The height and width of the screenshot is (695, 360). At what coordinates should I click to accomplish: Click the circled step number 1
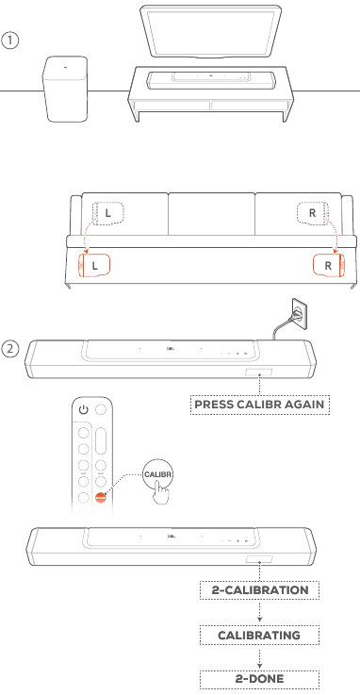coord(9,41)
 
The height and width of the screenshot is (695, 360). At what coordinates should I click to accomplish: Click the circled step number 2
coord(9,349)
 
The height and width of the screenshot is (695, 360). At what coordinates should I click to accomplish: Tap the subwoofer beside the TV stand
coord(66,89)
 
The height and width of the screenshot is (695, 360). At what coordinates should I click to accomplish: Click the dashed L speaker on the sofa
coord(108,213)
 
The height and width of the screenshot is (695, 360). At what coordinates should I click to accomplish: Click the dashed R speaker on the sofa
coord(312,213)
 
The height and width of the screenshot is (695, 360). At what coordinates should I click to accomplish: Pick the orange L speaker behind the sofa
coord(94,265)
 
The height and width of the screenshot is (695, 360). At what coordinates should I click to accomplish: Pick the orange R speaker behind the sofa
coord(329,265)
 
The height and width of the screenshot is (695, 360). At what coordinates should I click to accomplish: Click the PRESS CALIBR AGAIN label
coord(260,405)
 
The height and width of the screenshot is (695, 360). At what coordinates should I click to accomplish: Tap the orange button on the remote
coord(101,497)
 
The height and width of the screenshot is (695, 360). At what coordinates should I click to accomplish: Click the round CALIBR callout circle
coord(157,474)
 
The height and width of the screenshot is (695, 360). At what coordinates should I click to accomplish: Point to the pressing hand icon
coord(162,494)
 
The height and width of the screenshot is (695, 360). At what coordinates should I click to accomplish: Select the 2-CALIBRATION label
coord(259,590)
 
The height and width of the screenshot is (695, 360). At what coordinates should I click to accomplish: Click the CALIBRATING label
coord(259,635)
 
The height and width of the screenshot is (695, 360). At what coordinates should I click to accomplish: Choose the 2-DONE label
coord(259,679)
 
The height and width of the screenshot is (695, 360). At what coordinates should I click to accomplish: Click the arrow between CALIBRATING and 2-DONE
coord(259,657)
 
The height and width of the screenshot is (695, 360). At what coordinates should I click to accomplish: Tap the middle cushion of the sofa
coord(212,214)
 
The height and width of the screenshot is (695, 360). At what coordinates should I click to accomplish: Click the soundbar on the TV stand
coord(211,81)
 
